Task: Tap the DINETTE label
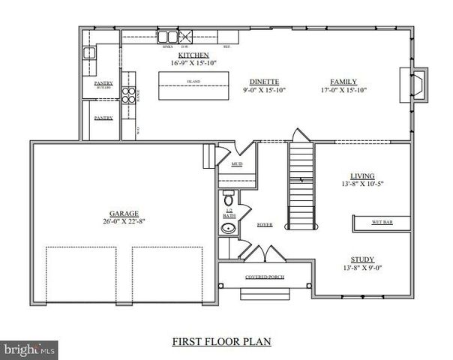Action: (264, 82)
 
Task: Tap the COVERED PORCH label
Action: (266, 277)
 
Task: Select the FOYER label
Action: (263, 224)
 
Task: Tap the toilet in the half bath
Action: (228, 199)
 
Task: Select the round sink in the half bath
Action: (227, 228)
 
